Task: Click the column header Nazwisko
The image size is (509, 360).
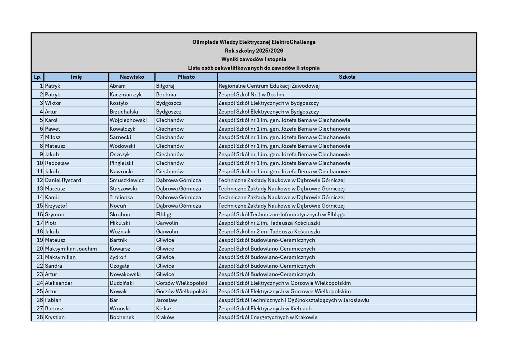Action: point(132,77)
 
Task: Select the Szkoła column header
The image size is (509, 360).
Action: point(347,77)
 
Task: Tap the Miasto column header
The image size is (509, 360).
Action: point(186,77)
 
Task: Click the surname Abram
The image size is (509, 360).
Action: point(118,86)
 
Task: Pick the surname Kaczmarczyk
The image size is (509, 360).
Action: point(126,94)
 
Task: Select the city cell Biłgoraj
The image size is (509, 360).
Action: point(165,86)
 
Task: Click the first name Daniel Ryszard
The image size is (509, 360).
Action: point(63,180)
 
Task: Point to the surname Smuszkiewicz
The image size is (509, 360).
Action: point(127,180)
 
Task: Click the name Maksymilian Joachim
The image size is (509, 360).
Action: point(71,249)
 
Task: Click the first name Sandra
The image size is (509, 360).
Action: point(53,266)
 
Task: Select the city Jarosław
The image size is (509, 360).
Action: point(167,300)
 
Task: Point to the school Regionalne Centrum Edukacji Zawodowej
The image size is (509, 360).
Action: point(269,86)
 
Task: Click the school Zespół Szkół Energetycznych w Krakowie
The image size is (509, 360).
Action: point(268,317)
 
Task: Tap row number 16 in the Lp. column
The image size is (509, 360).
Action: point(40,214)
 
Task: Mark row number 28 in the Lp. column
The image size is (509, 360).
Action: point(40,317)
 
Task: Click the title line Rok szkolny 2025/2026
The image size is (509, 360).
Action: point(254,51)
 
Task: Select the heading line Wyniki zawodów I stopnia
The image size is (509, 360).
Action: point(254,59)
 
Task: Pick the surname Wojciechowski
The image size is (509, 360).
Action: point(128,120)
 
